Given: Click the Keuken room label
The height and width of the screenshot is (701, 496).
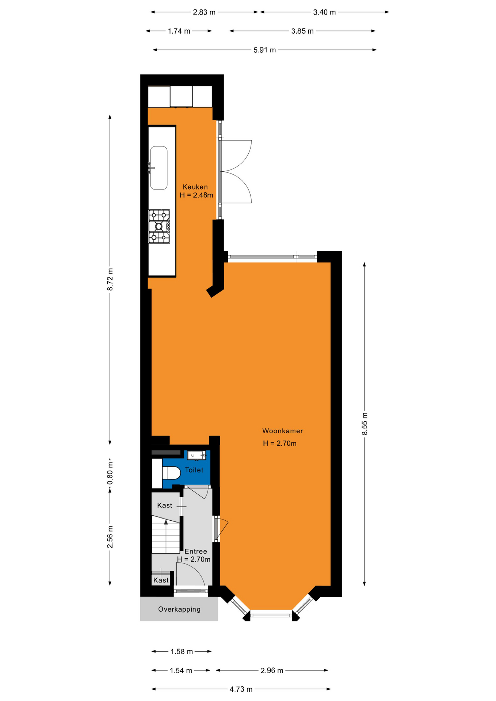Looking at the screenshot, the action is coord(195,187).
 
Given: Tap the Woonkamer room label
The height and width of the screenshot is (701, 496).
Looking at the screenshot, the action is coord(282,431).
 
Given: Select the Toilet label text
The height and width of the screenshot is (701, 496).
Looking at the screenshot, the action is coord(194,470).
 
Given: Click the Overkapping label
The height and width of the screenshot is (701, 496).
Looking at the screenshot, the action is coord(179,609).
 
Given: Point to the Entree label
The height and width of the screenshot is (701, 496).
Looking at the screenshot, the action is coord(195,551).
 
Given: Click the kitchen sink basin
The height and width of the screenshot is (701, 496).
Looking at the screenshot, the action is coord(159,168).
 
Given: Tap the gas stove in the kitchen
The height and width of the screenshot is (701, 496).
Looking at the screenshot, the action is coord(159,226).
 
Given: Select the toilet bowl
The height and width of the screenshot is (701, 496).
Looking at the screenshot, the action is coord(171,473).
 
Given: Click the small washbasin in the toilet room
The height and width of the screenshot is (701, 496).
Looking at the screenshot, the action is coord(196,455).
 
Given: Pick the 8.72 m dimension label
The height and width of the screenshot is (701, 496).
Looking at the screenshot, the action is coord(110,279).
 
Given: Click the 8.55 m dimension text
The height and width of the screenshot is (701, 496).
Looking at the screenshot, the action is coord(365,424).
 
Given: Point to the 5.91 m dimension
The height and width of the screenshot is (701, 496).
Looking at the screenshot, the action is coord(264,50).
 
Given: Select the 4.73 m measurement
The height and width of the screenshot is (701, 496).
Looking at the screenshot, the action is coord(241,689).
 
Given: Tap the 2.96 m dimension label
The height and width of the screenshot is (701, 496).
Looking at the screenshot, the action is coord(272,670).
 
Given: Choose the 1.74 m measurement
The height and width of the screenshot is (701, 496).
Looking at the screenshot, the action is coord(179,31).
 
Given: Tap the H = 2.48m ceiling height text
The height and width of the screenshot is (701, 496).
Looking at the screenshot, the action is coord(196,195).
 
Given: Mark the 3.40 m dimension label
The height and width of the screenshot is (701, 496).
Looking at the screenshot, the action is coord(324,12).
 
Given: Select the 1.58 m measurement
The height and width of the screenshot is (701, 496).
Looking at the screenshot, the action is coord(182,651).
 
